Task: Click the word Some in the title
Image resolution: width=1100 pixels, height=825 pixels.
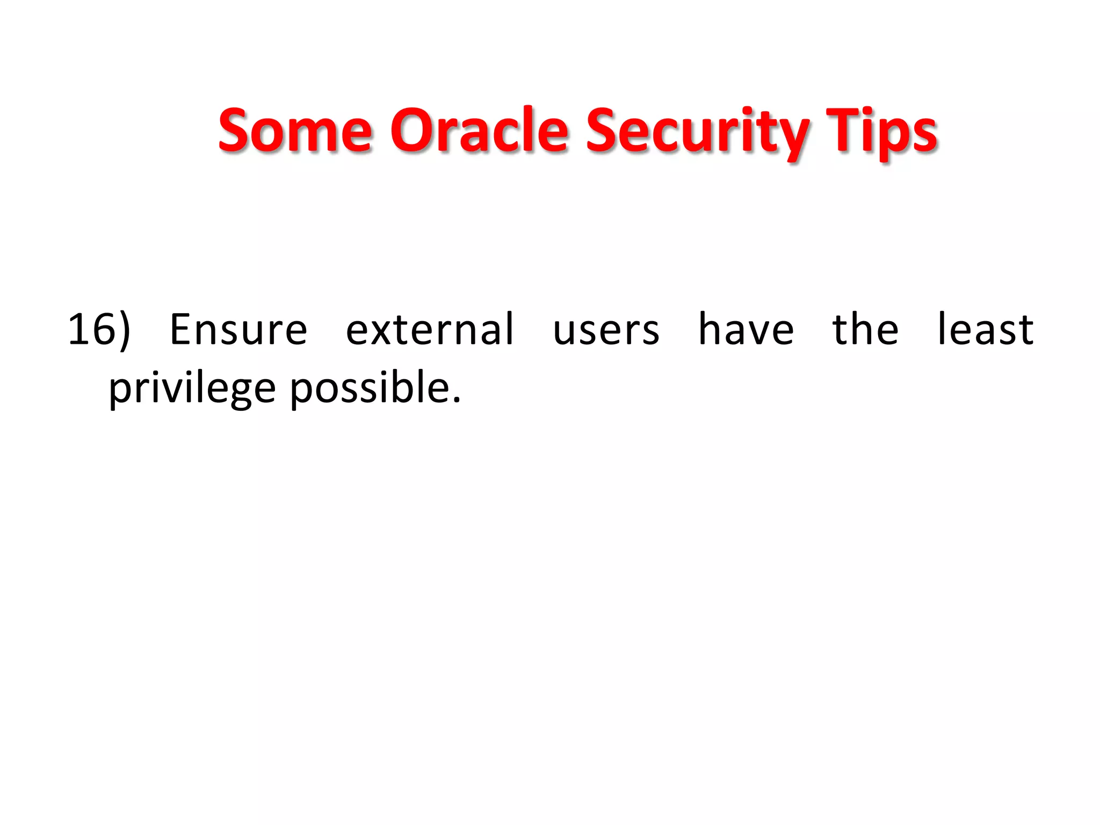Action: coord(295,131)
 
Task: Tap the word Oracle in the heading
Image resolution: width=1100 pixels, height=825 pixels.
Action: coord(479,131)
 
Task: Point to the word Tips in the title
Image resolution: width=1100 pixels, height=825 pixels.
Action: coord(881,132)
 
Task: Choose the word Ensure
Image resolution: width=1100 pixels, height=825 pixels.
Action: coord(238,329)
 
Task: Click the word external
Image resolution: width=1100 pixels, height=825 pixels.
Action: coord(430,329)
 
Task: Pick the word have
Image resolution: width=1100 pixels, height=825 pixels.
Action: coord(746,329)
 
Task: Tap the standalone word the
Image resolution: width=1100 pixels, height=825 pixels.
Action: coord(865,329)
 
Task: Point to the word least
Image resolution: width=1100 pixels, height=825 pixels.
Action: coord(985,329)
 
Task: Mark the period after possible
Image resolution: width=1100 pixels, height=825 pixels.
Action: coord(457,400)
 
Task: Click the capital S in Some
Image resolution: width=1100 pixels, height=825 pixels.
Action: coord(235,131)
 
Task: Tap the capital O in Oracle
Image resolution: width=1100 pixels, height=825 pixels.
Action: coord(412,131)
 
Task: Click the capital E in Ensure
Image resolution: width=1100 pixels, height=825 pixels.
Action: coord(181,329)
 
